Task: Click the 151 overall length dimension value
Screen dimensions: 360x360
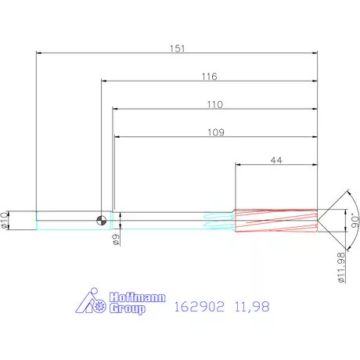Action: (x=178, y=49)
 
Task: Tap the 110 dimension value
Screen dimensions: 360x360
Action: (x=215, y=104)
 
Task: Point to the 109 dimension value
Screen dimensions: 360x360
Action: (x=217, y=132)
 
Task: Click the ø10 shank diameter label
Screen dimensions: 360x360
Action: (x=7, y=221)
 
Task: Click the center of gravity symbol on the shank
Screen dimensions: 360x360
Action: (x=101, y=221)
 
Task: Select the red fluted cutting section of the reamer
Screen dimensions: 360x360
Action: (x=276, y=221)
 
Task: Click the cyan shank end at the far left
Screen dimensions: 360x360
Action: (x=37, y=221)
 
